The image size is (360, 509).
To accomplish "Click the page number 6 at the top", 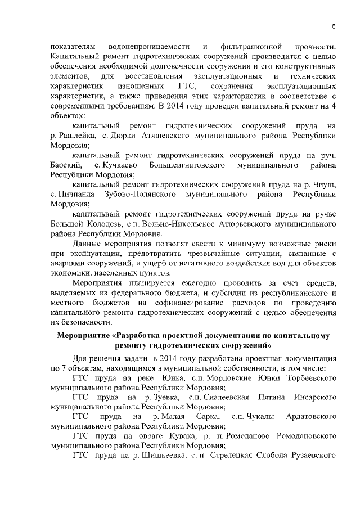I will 333,26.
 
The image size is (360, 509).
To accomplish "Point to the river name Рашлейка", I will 74,136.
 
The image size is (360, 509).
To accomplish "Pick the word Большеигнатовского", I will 187,165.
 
